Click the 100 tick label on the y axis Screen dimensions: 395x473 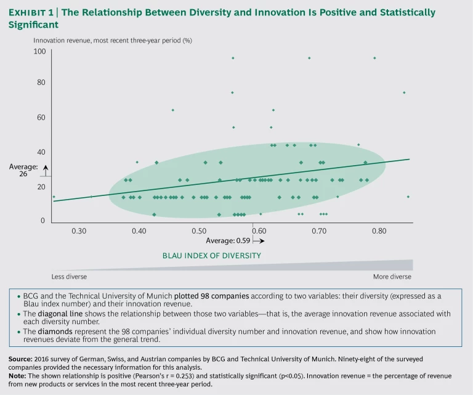(x=39, y=52)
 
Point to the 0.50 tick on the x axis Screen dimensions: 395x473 (x=198, y=230)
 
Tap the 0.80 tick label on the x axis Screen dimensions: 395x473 (x=378, y=230)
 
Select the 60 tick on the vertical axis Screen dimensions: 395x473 (x=41, y=117)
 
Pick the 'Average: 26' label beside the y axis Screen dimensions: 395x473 (x=23, y=170)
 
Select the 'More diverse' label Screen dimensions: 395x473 (x=392, y=276)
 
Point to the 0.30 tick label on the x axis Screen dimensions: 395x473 (x=78, y=230)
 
